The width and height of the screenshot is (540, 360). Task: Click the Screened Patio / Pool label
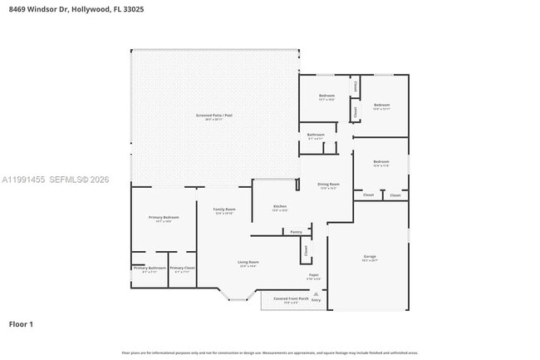pos(214,116)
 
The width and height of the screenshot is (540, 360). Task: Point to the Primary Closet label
pos(183,268)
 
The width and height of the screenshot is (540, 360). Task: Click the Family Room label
pos(224,210)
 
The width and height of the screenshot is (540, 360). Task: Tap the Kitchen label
pos(280,206)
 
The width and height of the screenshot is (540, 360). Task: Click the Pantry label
pos(296,232)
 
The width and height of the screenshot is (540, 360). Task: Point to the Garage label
pos(369,256)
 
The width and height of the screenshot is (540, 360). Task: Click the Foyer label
pos(314,274)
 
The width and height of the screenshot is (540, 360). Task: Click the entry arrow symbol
pos(316,293)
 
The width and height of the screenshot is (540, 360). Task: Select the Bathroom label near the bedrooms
pos(316,135)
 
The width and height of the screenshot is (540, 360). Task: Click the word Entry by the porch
pos(316,300)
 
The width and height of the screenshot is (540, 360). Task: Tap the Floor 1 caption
pos(21,323)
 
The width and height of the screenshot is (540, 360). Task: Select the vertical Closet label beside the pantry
pos(305,249)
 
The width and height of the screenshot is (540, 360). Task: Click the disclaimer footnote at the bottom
pos(270,353)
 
